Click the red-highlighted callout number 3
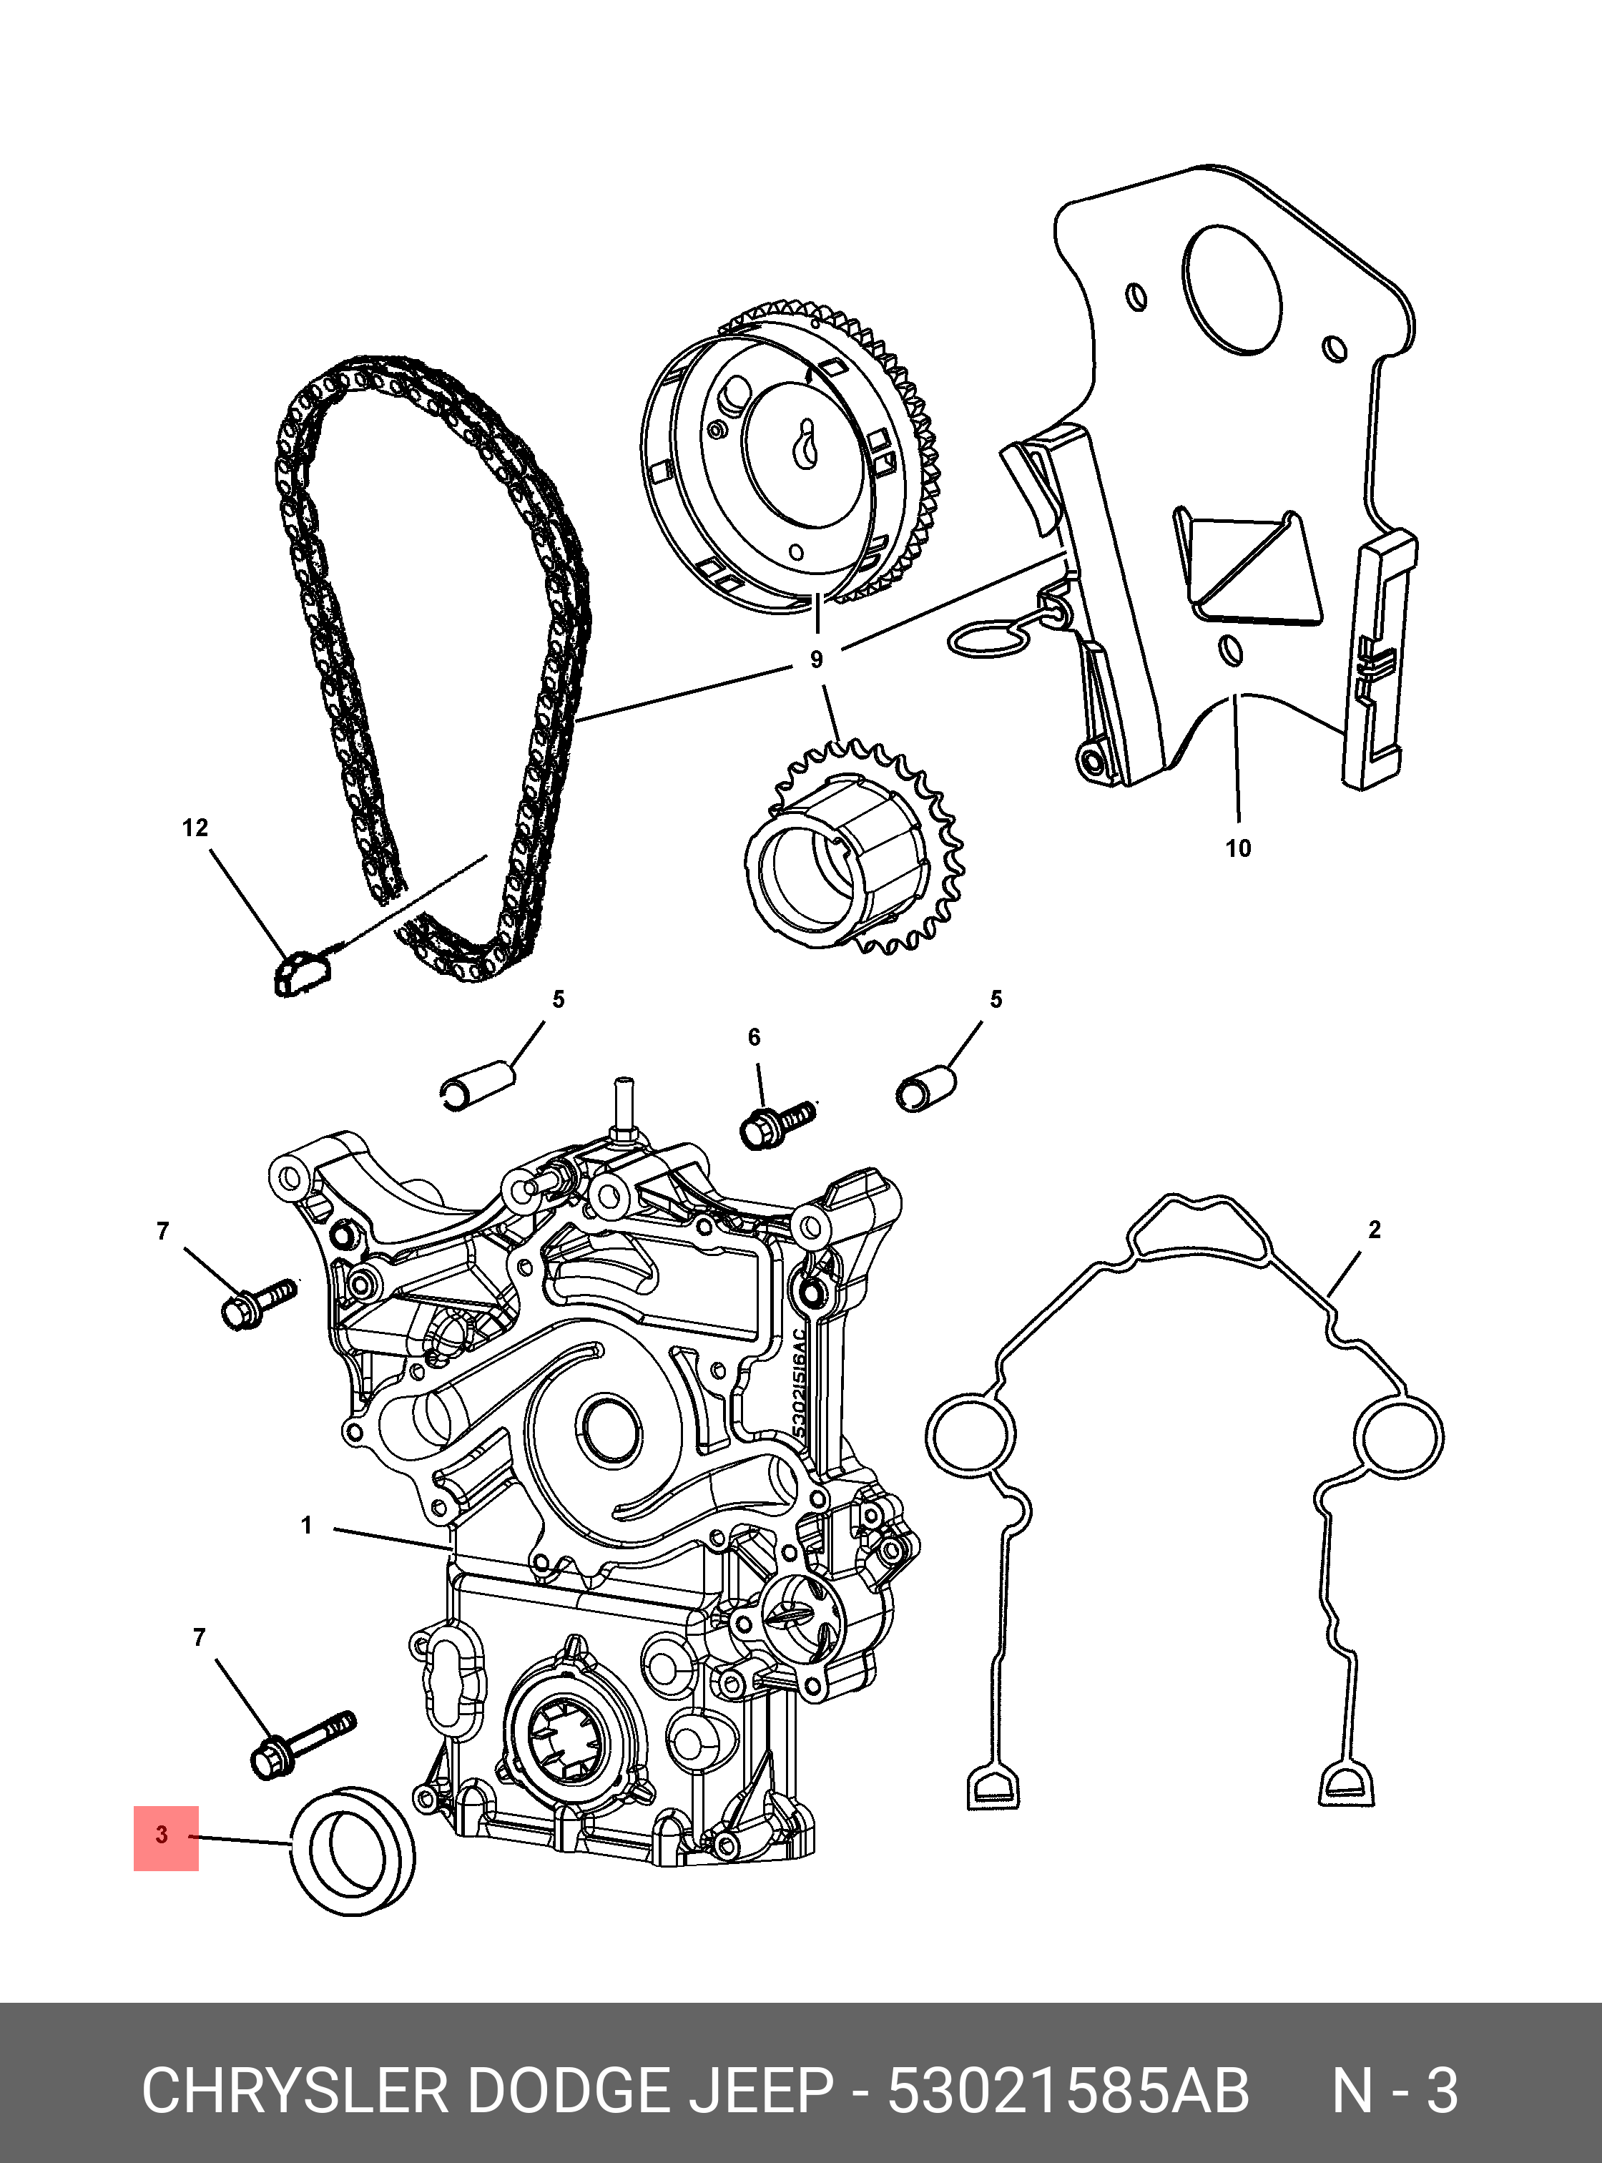[x=163, y=1835]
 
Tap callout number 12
[x=195, y=828]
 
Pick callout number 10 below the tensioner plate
[x=1239, y=849]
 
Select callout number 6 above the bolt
[x=755, y=1038]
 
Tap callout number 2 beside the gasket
[x=1374, y=1230]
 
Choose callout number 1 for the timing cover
[x=306, y=1526]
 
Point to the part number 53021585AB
[x=1068, y=2091]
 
